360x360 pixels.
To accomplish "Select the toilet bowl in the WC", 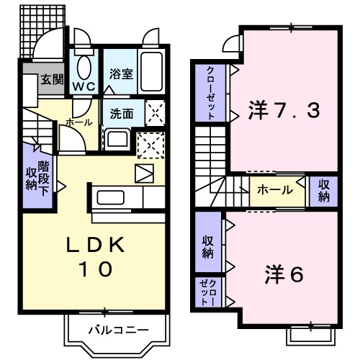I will tap(84, 68).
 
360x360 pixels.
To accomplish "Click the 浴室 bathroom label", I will tap(120, 73).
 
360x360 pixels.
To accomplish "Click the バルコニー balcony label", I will tap(118, 331).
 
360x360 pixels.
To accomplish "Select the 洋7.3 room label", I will tap(283, 111).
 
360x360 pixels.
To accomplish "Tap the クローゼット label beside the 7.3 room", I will tap(210, 92).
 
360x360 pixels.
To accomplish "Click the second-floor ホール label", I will tap(276, 190).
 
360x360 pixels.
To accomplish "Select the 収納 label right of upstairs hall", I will tap(323, 190).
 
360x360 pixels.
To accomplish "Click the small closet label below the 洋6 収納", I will tap(207, 294).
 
